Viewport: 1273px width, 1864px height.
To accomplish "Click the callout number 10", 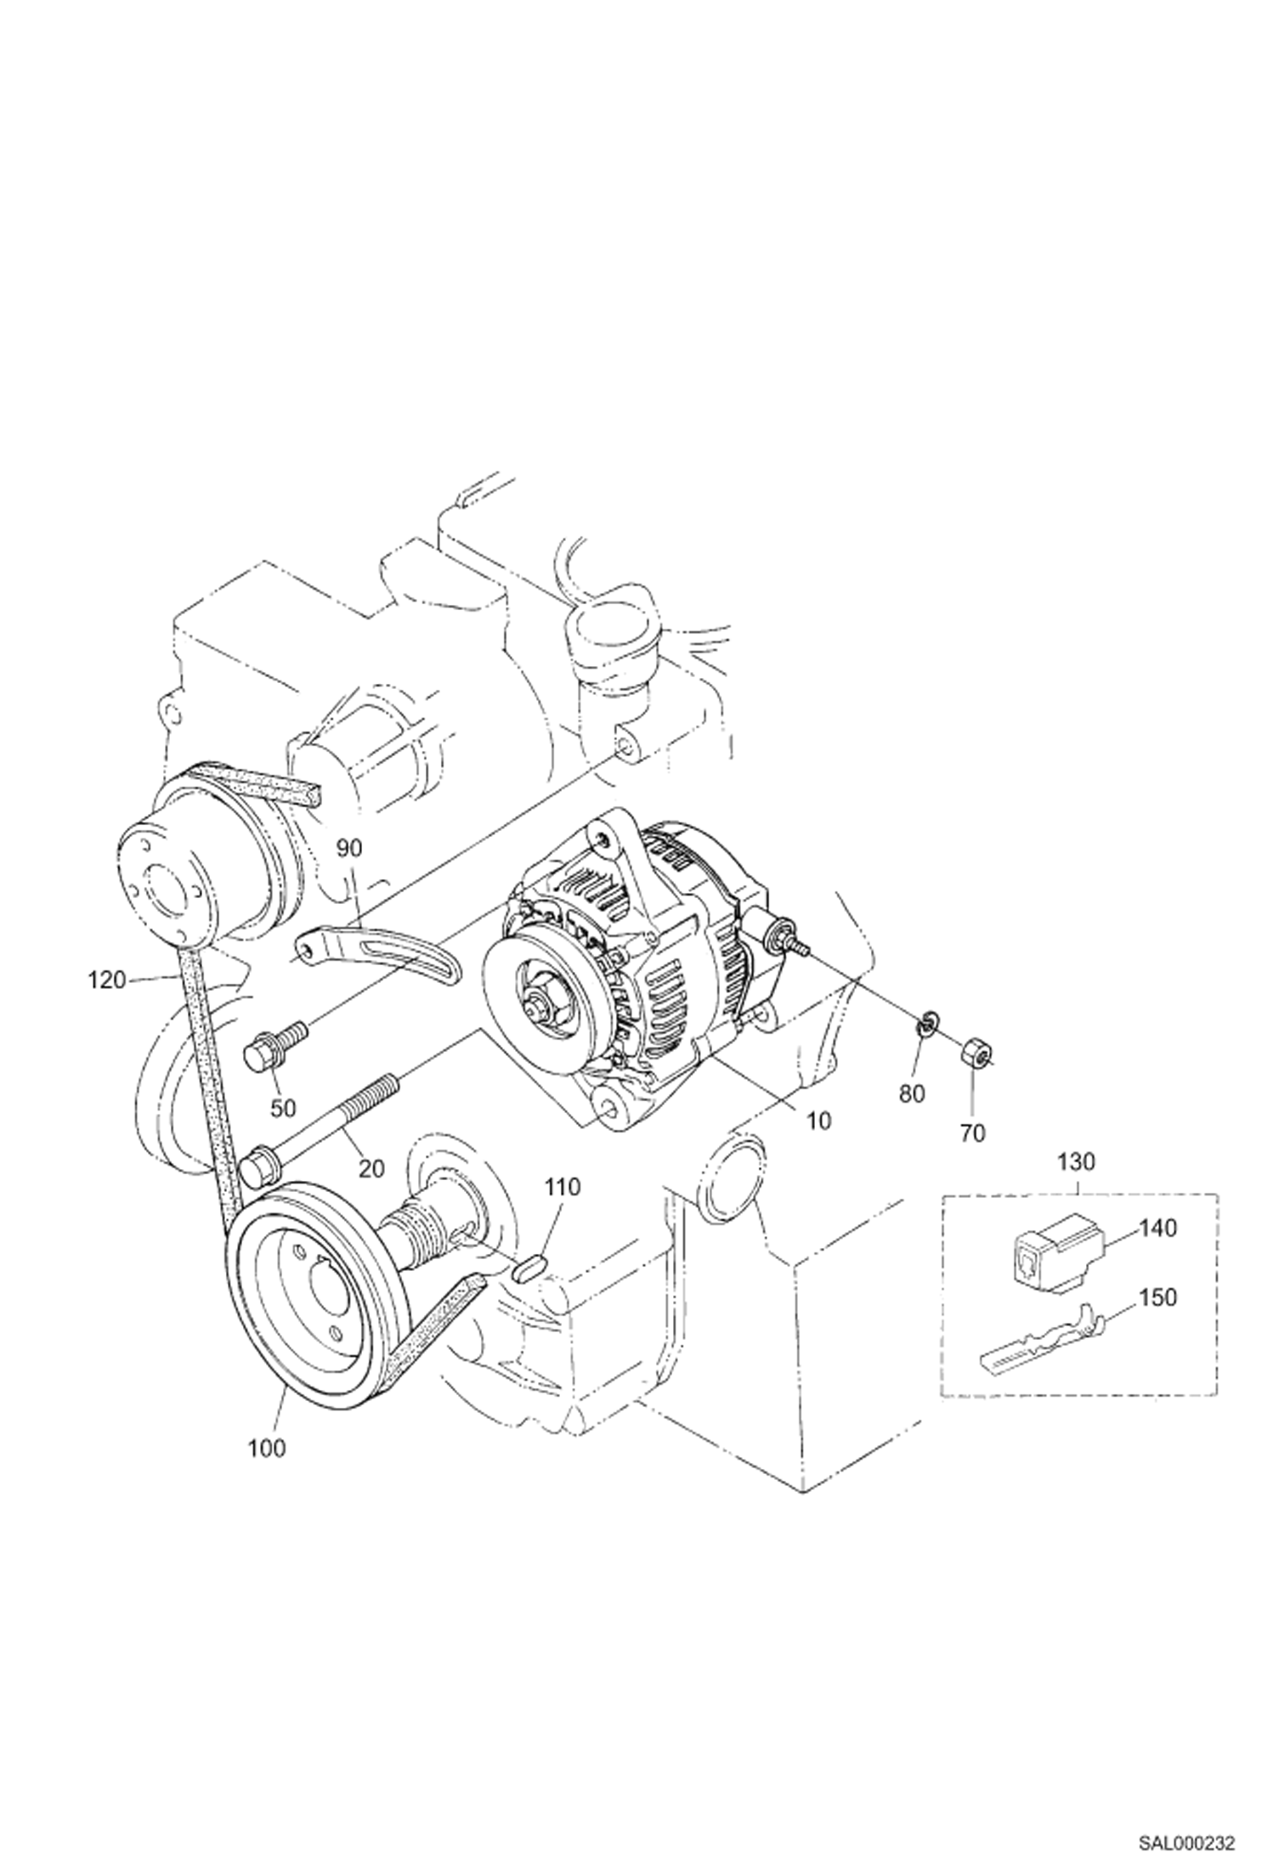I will click(818, 1121).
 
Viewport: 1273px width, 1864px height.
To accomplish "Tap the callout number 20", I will click(371, 1168).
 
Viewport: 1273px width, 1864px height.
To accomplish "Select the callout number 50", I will click(283, 1107).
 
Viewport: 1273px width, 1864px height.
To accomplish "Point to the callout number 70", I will click(972, 1132).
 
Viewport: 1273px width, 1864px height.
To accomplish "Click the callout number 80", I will click(911, 1093).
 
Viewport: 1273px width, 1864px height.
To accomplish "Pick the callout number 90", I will click(349, 848).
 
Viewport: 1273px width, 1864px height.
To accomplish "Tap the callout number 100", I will click(267, 1447).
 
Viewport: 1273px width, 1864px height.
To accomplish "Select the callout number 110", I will click(562, 1187).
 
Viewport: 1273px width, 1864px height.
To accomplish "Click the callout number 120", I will click(106, 980).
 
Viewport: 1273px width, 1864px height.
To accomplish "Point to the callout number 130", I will click(1078, 1161).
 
